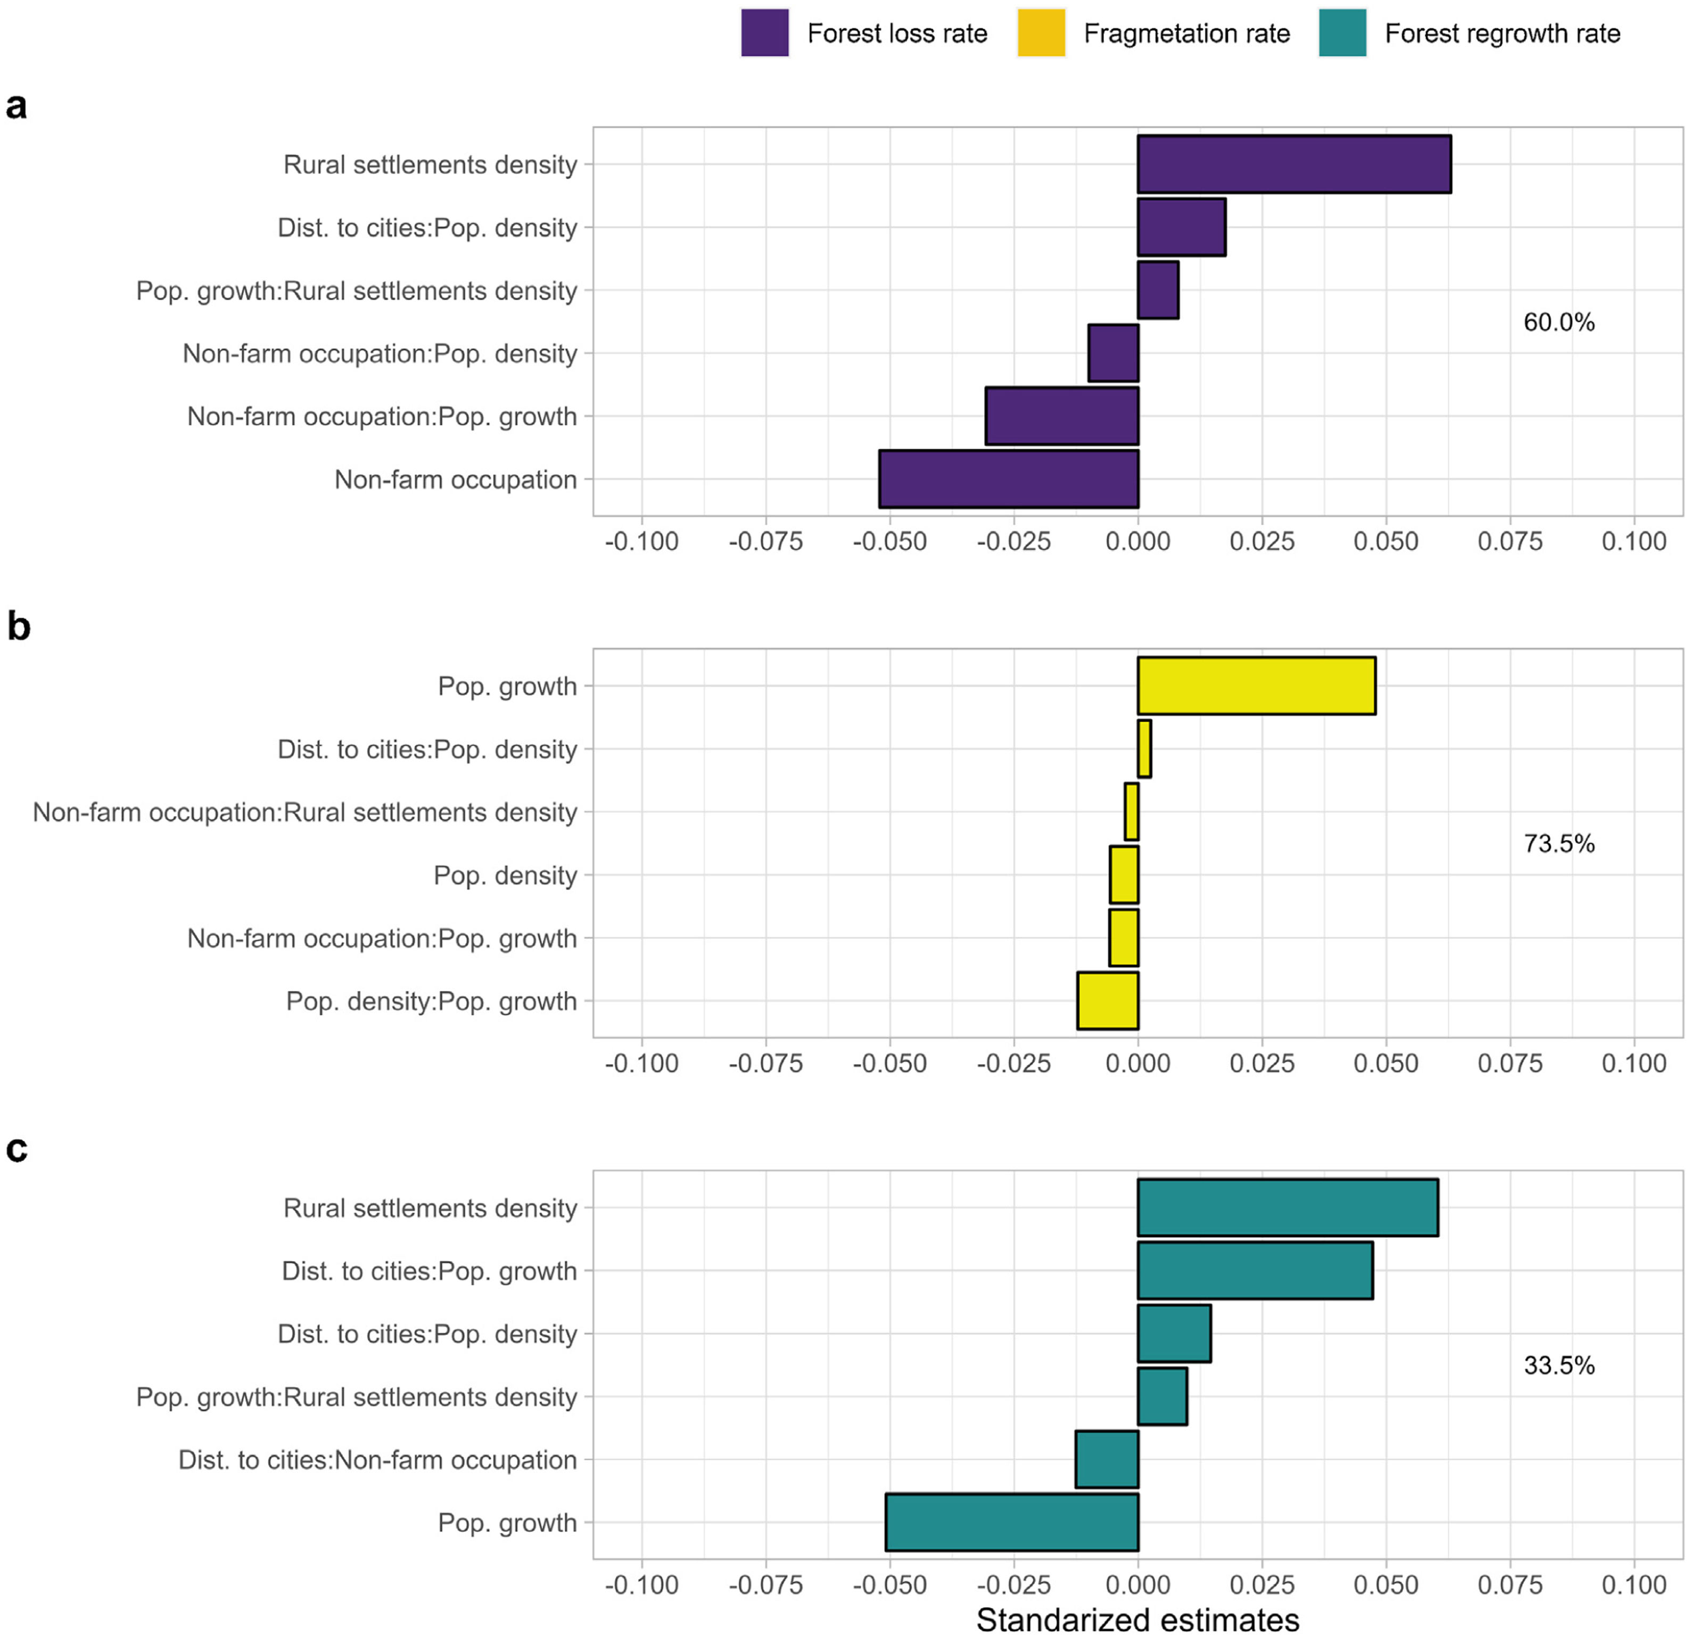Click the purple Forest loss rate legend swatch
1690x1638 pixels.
pyautogui.click(x=764, y=34)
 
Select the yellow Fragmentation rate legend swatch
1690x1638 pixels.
pyautogui.click(x=1041, y=34)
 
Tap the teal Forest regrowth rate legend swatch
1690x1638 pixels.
pyautogui.click(x=1342, y=34)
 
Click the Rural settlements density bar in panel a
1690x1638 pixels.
pyautogui.click(x=1293, y=164)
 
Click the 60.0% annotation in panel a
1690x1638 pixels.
pyautogui.click(x=1559, y=322)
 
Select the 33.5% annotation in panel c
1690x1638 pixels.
pyautogui.click(x=1559, y=1364)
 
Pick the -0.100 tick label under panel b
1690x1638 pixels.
pyautogui.click(x=641, y=1063)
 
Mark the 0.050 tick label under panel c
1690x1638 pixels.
pyautogui.click(x=1386, y=1585)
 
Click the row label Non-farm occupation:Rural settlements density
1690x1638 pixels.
pyautogui.click(x=304, y=812)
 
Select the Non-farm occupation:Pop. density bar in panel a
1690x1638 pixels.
pyautogui.click(x=1113, y=353)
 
